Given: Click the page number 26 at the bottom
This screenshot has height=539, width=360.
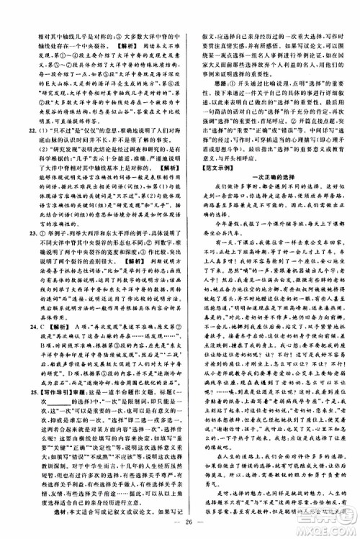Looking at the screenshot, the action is (180, 522).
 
